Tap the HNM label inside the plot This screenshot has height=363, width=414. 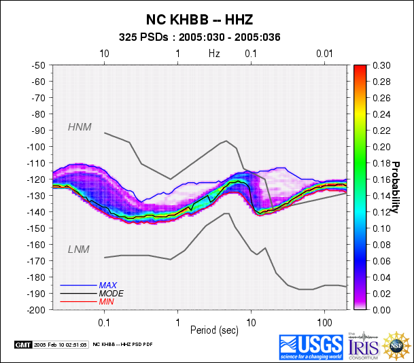pos(80,126)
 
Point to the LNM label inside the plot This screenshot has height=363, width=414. pos(79,250)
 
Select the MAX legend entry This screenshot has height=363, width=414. pos(107,285)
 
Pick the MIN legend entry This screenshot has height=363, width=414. pos(106,300)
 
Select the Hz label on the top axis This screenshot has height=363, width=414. pos(214,53)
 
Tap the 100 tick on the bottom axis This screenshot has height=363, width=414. pos(324,319)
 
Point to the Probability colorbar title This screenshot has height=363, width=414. pos(394,187)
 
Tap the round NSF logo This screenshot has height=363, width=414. pos(397,346)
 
